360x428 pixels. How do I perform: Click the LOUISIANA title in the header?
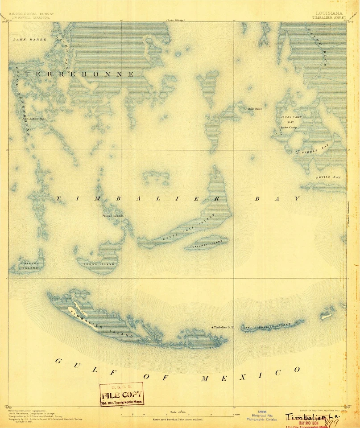329,13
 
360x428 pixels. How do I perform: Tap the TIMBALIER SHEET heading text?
329,18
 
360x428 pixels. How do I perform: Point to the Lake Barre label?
26,40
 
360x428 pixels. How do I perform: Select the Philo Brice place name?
255,108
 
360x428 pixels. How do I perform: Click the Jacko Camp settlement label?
288,128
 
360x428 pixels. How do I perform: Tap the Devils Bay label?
328,177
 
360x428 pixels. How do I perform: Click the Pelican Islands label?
112,216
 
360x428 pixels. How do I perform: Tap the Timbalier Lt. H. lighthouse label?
224,328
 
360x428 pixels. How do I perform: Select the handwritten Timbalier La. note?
312,416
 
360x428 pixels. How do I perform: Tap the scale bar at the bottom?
178,415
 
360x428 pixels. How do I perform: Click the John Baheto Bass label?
34,119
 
